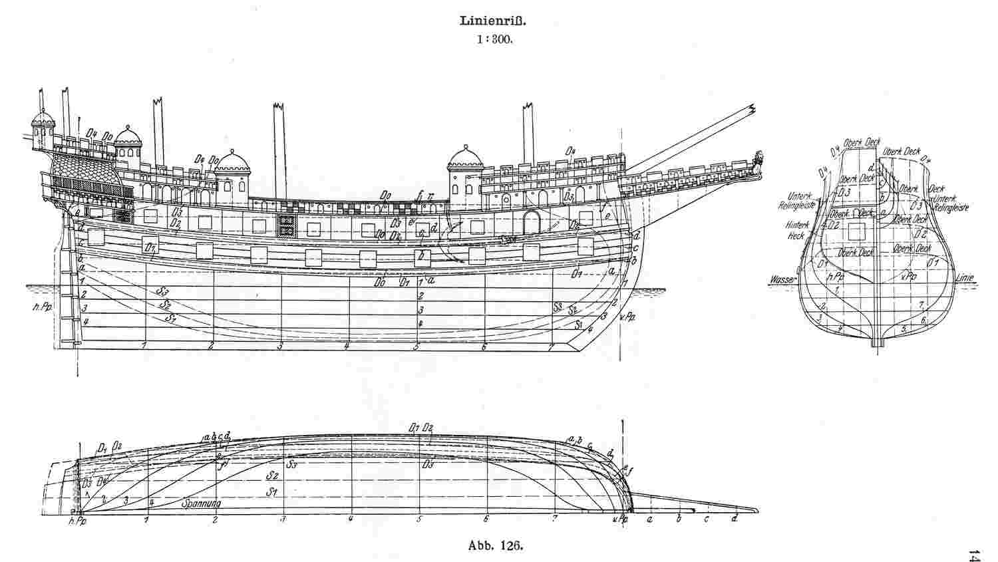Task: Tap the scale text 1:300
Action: [493, 40]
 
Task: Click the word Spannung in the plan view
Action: [201, 503]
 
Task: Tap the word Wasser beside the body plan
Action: [781, 280]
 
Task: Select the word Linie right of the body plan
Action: [965, 280]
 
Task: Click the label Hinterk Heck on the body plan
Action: [796, 231]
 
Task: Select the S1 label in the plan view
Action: [271, 492]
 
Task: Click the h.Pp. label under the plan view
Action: [77, 522]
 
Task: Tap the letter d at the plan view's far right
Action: [735, 519]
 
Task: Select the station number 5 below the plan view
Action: [419, 519]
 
